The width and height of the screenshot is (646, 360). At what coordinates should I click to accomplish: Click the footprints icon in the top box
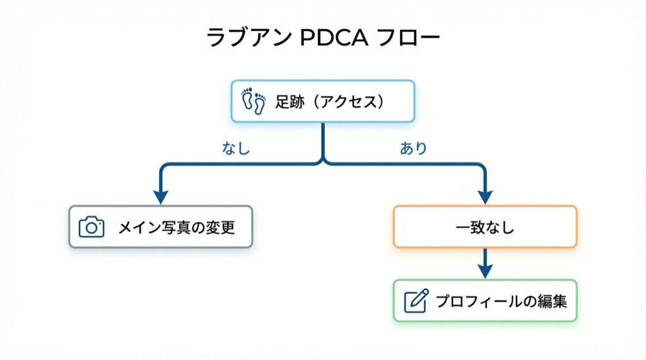pos(253,101)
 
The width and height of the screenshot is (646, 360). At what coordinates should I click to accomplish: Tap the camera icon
pos(91,227)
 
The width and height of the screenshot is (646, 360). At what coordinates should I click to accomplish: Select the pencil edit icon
pos(416,301)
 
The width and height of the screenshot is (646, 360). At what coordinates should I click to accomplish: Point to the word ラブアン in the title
pos(249,38)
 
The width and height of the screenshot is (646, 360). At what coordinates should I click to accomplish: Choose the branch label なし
pos(236,149)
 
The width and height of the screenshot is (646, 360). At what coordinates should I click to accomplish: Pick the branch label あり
pos(413,149)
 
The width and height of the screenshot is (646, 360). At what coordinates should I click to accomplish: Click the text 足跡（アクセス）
pos(329,101)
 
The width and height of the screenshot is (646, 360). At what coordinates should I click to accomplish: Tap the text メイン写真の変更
pos(177,227)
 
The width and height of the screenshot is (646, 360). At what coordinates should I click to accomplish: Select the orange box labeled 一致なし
pos(484,226)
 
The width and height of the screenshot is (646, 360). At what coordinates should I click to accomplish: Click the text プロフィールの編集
pos(501,301)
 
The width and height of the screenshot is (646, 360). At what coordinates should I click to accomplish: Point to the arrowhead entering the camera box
pos(161,197)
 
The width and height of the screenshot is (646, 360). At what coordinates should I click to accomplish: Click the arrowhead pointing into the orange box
pos(484,197)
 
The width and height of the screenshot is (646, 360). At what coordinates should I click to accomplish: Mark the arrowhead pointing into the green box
pos(484,271)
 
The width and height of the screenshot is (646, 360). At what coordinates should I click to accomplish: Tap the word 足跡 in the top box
pos(285,101)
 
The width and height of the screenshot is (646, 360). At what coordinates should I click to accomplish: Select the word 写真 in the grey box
pos(176,227)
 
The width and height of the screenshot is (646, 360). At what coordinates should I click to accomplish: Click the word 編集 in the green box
pos(553,301)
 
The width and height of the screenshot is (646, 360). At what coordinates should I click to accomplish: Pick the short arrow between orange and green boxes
pos(484,262)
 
